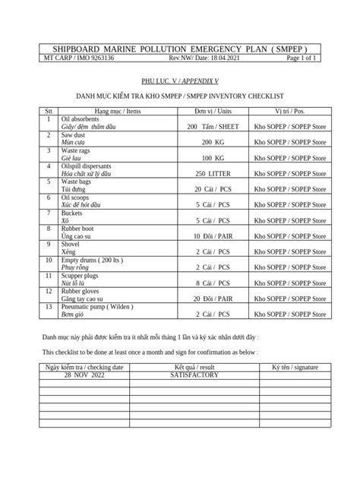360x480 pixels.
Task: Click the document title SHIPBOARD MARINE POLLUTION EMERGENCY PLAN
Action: pos(179,48)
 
